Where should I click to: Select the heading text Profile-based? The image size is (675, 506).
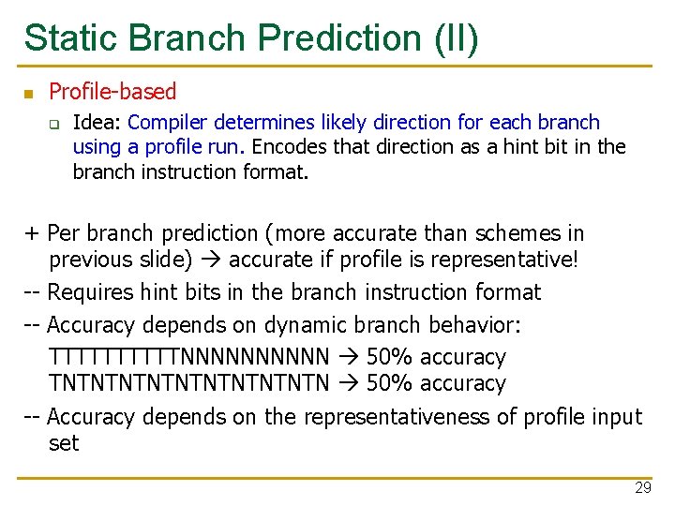click(112, 92)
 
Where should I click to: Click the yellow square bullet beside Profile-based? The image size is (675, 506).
click(28, 93)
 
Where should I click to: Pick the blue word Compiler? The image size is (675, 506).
click(168, 123)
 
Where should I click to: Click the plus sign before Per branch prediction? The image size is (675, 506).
click(33, 233)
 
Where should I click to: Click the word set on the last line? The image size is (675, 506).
click(64, 442)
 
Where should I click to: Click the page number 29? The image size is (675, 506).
click(642, 488)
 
